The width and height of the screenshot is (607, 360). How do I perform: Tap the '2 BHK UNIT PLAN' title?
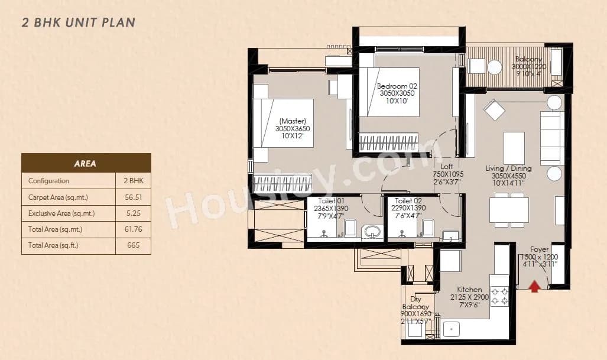point(79,23)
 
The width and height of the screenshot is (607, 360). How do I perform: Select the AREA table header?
point(86,163)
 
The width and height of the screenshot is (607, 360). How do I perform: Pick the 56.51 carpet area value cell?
point(134,197)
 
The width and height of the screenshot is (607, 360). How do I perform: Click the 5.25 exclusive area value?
point(134,213)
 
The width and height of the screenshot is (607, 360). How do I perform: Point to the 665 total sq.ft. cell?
point(134,245)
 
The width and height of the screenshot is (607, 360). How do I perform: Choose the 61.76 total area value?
point(134,229)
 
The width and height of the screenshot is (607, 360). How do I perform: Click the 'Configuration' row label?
point(48,181)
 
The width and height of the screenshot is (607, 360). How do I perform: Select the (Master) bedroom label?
point(294,121)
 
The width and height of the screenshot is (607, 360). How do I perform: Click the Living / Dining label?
point(508,168)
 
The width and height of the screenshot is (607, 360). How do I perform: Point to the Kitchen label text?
point(469,290)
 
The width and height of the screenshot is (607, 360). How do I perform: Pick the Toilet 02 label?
point(407,201)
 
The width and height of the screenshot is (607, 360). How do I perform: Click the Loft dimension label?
point(449,174)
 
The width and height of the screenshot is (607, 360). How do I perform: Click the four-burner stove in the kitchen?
point(499,296)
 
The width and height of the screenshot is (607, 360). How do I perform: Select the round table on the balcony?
point(494,67)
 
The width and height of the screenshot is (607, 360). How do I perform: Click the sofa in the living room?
point(552,138)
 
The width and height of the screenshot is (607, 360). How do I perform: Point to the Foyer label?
point(539,249)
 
